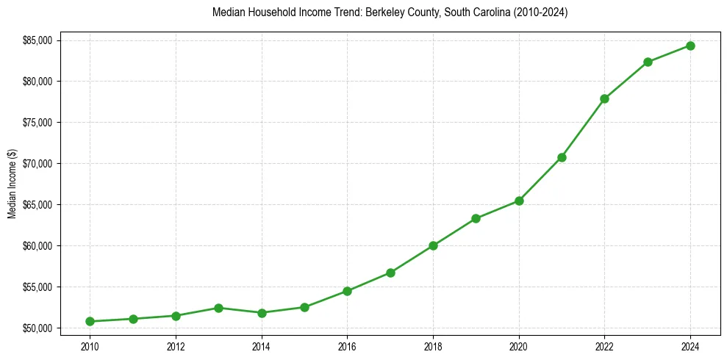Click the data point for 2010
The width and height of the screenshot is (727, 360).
click(90, 321)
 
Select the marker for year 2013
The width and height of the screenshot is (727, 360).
click(218, 308)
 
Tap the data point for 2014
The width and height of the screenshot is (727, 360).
click(262, 313)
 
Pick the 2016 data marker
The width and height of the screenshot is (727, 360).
click(347, 291)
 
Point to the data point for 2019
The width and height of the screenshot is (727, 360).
click(476, 218)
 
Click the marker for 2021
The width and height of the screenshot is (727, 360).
click(562, 157)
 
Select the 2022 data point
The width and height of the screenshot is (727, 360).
click(604, 98)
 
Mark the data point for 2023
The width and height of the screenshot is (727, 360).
click(648, 62)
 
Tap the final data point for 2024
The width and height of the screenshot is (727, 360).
click(690, 46)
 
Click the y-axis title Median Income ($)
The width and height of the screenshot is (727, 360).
click(12, 184)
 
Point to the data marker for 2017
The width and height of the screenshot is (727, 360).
click(390, 273)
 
